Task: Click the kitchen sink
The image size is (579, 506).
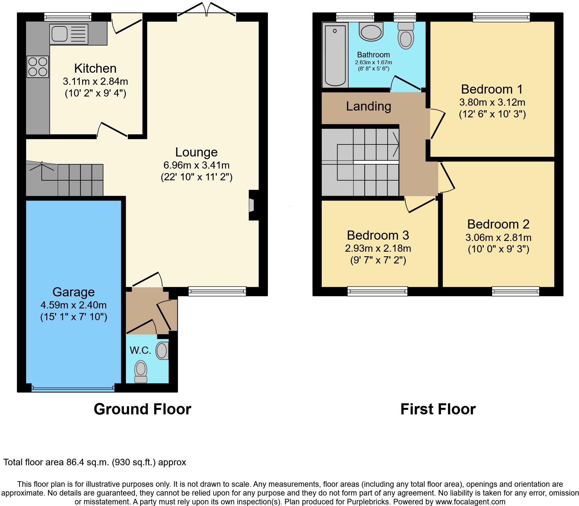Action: (69, 34)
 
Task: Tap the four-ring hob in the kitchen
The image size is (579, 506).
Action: (38, 67)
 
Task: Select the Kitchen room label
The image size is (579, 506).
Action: (95, 68)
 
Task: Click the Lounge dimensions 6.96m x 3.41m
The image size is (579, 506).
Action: (197, 165)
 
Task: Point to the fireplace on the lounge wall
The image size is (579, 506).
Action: (252, 205)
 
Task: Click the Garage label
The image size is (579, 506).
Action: (73, 292)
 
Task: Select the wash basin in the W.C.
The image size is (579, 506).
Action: (162, 351)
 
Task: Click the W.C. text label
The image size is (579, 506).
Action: (140, 350)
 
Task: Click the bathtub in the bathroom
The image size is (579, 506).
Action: (335, 55)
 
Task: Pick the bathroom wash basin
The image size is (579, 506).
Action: (371, 32)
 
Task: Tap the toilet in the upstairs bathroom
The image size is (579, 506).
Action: (406, 37)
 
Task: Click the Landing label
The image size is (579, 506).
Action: (368, 106)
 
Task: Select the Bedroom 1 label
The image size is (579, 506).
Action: (492, 89)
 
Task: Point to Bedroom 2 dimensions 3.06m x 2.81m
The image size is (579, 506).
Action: (498, 237)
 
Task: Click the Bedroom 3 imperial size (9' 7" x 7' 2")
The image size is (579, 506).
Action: (378, 260)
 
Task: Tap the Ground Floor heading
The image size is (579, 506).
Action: (142, 409)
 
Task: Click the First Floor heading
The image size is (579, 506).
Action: (438, 409)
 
